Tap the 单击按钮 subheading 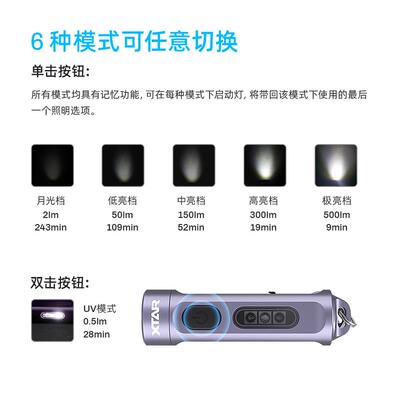coord(62,72)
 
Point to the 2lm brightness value coord(51,214)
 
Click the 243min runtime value coord(51,227)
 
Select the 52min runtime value coord(194,227)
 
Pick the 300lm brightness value coord(265,214)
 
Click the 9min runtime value coord(336,227)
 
